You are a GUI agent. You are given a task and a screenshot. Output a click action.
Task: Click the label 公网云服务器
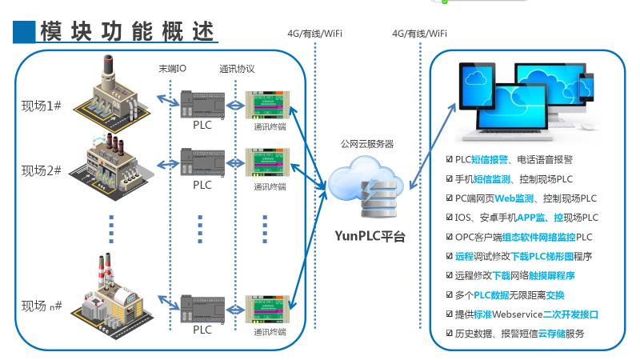coord(367,143)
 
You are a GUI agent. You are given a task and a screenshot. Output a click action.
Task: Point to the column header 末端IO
coord(173,69)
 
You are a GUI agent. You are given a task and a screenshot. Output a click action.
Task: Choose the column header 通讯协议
coord(237,69)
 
